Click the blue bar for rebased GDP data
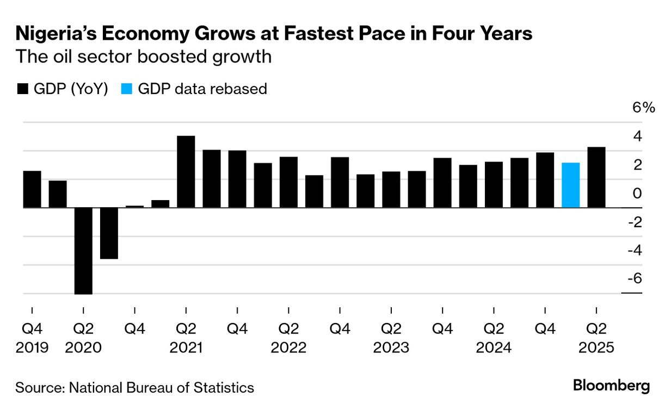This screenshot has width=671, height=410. [x=570, y=185]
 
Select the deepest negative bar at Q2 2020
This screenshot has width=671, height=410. [x=83, y=251]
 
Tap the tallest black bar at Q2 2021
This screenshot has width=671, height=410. [x=186, y=171]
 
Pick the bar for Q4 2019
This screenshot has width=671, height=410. [x=32, y=189]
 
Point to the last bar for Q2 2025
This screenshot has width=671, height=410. [x=596, y=177]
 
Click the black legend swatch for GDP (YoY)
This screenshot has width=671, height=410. [x=23, y=89]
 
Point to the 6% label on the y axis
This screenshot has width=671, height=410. [x=643, y=108]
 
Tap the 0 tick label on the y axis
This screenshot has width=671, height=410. [x=638, y=193]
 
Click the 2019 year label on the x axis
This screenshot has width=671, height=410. [x=32, y=347]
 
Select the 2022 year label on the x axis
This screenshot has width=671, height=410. [x=288, y=347]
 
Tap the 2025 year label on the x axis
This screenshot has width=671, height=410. [x=596, y=347]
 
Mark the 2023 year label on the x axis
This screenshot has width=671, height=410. [x=391, y=347]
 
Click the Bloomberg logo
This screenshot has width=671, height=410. [x=611, y=386]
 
